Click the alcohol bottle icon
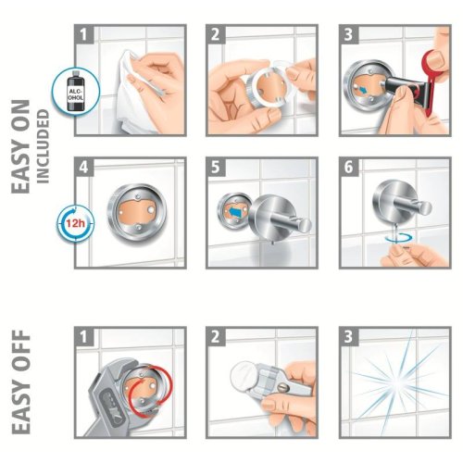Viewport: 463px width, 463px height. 76,91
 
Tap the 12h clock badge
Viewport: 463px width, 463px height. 75,223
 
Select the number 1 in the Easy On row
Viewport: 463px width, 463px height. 84,34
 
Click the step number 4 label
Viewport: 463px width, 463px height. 84,167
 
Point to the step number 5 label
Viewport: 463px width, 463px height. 216,167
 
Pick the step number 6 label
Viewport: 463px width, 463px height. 348,167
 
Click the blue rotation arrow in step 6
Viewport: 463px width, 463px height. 398,238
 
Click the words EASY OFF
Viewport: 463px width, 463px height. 21,382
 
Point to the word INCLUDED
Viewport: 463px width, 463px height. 43,146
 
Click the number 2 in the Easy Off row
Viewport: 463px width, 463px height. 216,336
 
